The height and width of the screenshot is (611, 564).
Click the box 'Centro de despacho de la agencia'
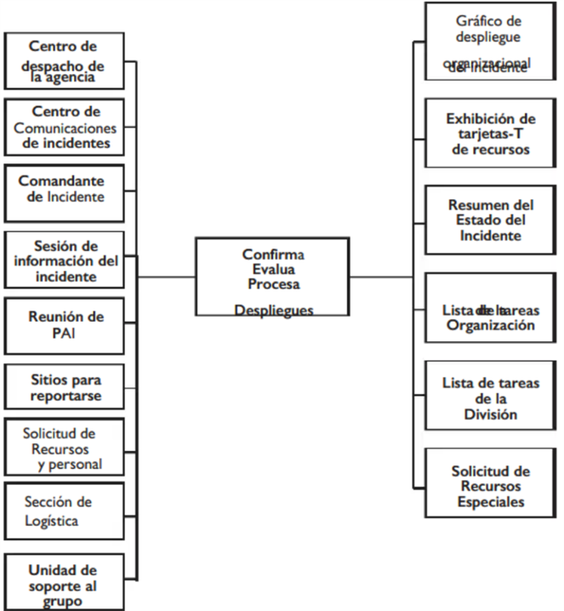point(65,60)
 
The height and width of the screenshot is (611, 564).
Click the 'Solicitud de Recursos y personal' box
point(65,448)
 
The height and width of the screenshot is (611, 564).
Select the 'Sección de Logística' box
point(65,511)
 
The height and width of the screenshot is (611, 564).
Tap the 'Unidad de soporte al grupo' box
point(65,581)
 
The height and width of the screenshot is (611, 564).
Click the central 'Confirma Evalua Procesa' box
point(272,276)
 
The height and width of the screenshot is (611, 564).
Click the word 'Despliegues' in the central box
point(273,310)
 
